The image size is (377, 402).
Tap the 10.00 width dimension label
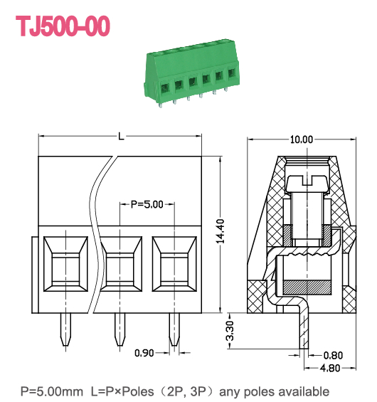pos(301,139)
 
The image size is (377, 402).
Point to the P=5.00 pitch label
pos(147,204)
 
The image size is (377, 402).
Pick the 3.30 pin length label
pos(230,332)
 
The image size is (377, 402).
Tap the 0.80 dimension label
pos(333,354)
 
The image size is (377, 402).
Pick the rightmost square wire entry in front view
pos(174,263)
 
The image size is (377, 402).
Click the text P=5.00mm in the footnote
pos(53,391)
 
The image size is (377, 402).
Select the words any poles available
pos(275,391)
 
